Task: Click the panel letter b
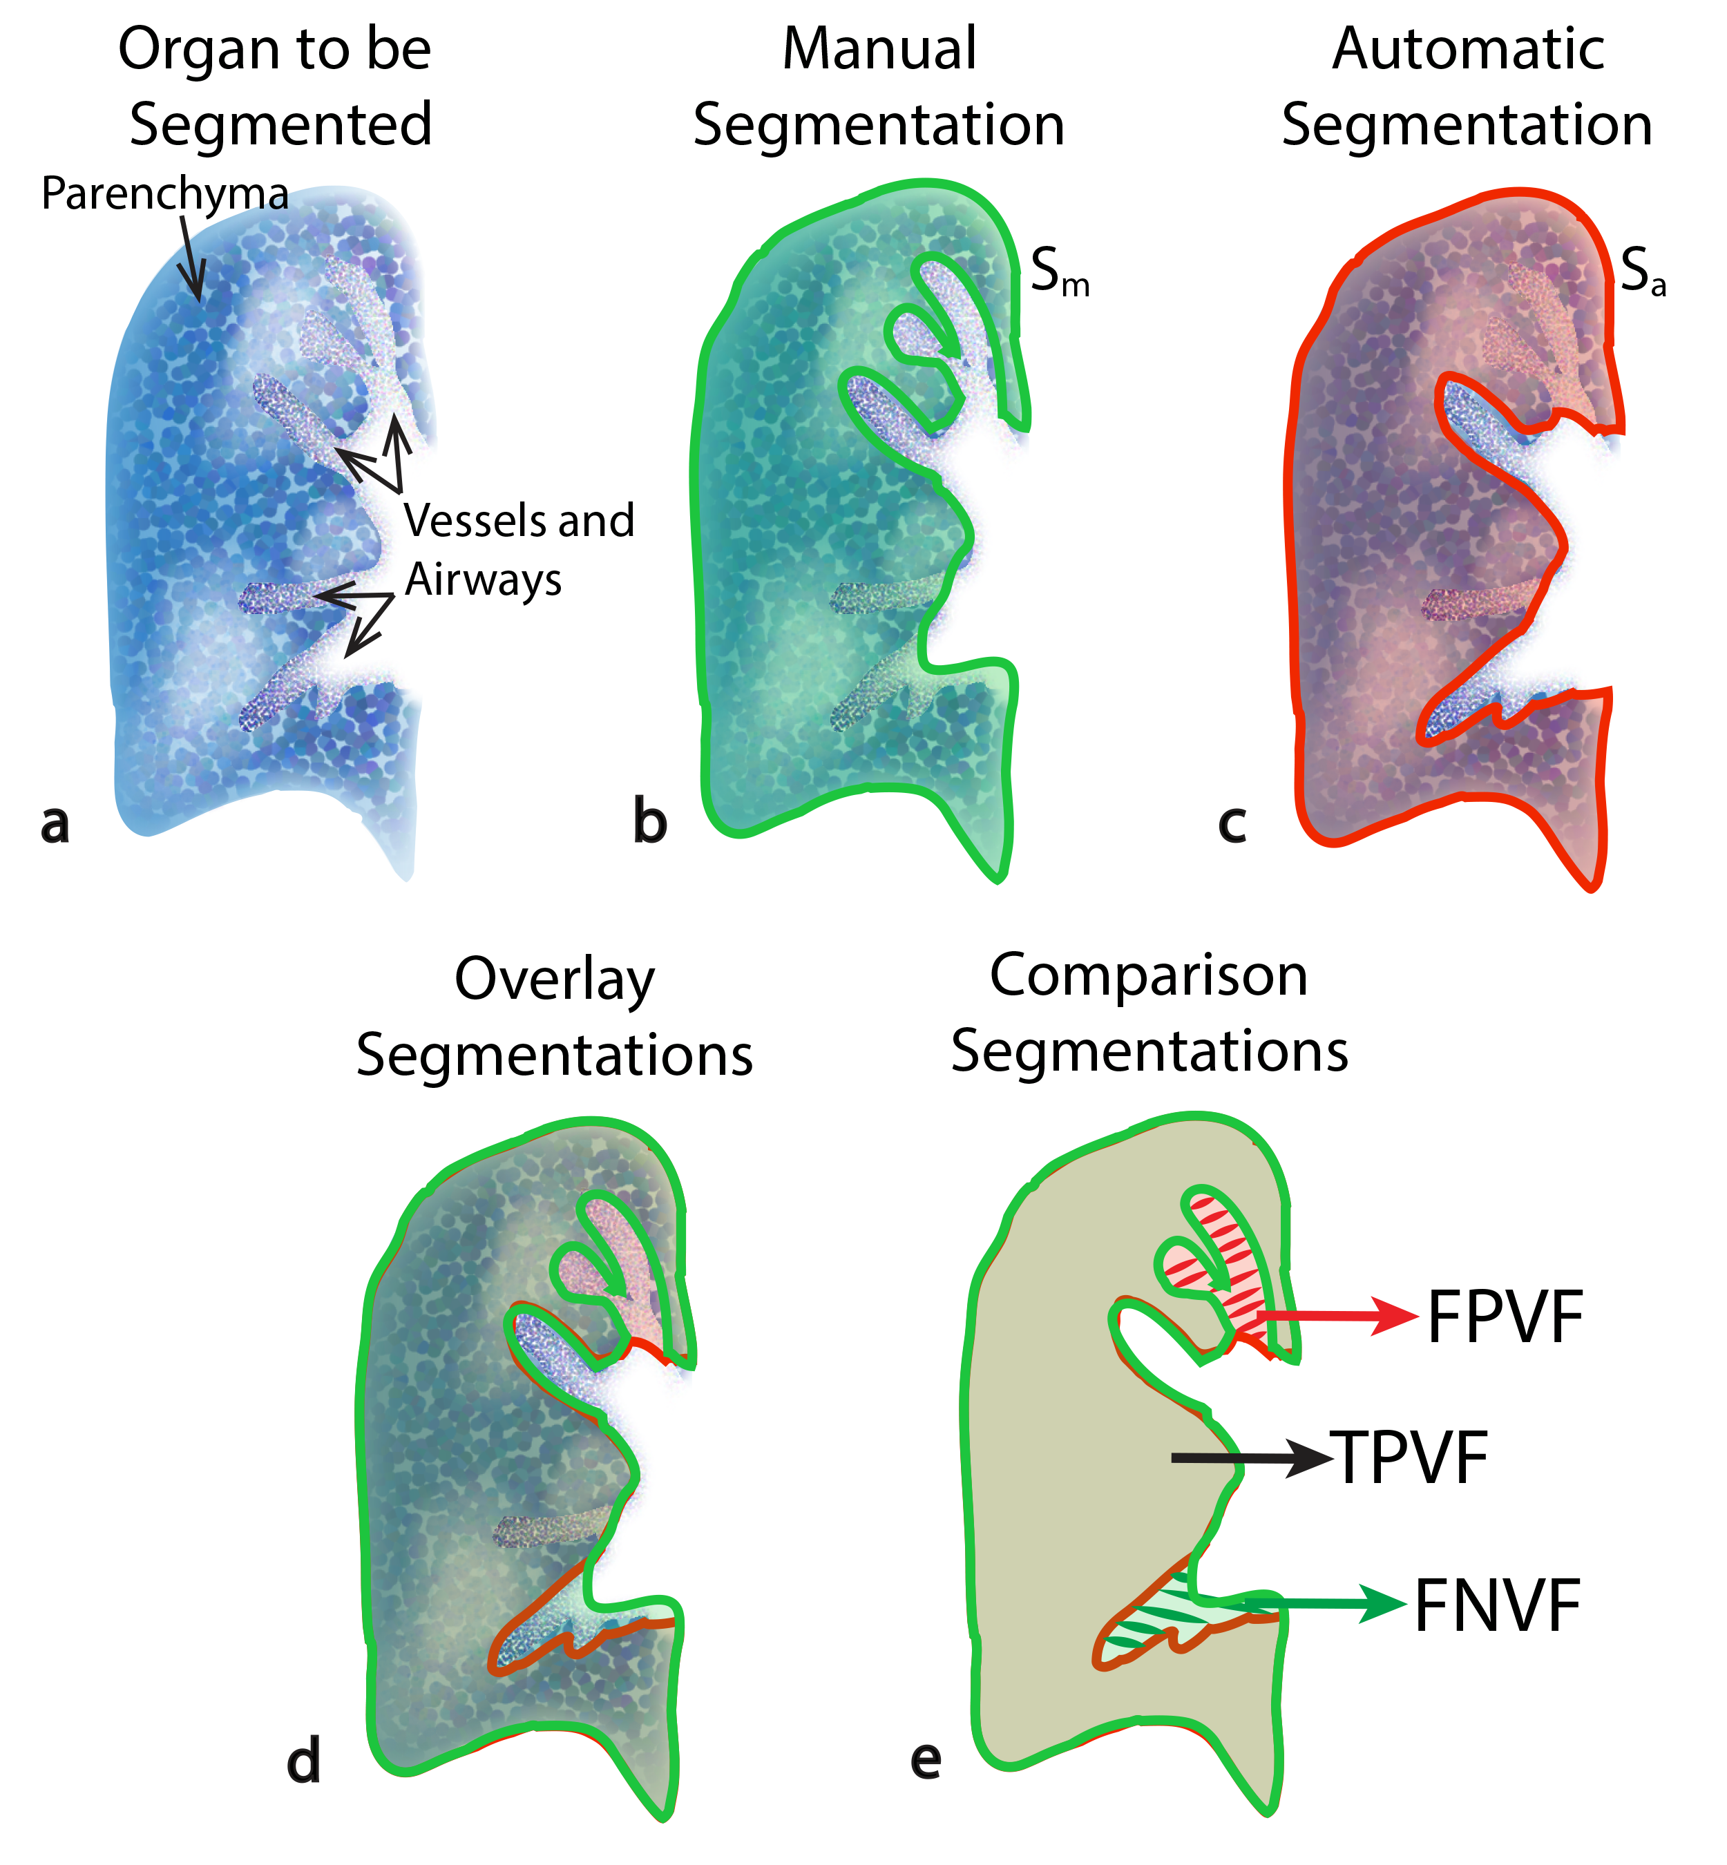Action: pos(651,822)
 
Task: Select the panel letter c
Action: pos(1232,823)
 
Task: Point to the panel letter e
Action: pos(926,1759)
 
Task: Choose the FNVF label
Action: pos(1497,1606)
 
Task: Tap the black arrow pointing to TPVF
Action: pos(1252,1457)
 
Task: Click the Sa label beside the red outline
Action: pos(1642,271)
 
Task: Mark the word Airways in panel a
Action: pos(483,581)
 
